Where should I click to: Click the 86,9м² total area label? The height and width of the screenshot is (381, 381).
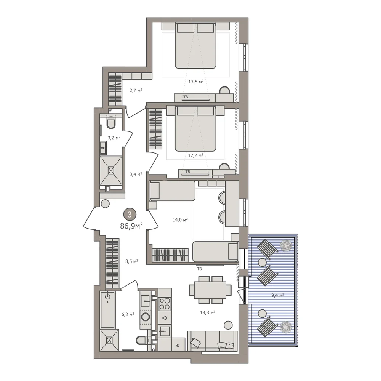(131, 226)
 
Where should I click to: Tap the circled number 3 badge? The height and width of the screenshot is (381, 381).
(130, 214)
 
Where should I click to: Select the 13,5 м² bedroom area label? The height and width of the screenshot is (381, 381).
(196, 82)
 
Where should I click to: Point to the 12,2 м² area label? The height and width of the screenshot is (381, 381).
(195, 155)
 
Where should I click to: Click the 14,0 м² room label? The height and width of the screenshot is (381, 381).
(180, 220)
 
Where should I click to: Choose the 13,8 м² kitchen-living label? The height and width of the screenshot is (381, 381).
(208, 312)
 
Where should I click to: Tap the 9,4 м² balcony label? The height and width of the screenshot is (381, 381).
(278, 296)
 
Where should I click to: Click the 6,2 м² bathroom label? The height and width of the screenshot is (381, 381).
(128, 314)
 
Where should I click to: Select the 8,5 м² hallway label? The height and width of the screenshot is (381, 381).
(132, 261)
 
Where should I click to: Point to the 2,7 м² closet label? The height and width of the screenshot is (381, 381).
(136, 91)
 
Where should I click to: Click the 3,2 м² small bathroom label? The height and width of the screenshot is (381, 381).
(114, 138)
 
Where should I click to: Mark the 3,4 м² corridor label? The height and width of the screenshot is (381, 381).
(136, 174)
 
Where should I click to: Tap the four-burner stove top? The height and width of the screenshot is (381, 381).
(165, 304)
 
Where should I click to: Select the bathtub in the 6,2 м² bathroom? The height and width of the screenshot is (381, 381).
(107, 309)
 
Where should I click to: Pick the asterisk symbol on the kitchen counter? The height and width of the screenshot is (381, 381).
(178, 346)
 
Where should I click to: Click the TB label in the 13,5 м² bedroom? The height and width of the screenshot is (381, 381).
(186, 97)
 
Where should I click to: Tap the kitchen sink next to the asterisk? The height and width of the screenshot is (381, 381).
(165, 331)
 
